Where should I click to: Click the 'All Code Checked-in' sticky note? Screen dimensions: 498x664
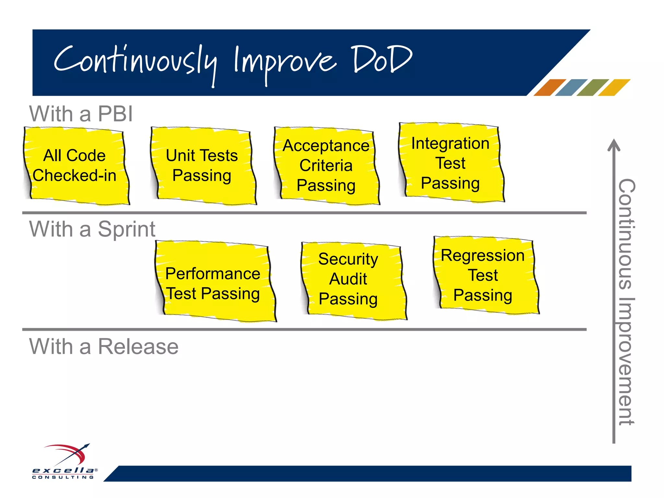(x=77, y=166)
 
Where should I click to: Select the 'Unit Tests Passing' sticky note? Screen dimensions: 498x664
(x=203, y=166)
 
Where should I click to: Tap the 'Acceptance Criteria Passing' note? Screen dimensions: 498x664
(x=326, y=166)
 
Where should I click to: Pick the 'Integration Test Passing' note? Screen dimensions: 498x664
(x=451, y=163)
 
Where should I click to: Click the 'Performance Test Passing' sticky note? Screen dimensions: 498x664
(x=214, y=282)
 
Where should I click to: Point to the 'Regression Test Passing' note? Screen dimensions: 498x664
(x=485, y=276)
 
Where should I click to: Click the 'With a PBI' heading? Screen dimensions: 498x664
(x=81, y=114)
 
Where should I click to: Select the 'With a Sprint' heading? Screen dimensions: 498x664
(x=92, y=229)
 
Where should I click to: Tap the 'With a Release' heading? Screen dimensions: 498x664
(x=104, y=346)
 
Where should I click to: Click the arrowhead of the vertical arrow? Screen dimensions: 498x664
(x=613, y=145)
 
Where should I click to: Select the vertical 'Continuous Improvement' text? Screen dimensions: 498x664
(x=626, y=302)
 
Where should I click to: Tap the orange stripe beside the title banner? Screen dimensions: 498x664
(x=549, y=88)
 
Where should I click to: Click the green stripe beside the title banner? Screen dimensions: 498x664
(x=592, y=88)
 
